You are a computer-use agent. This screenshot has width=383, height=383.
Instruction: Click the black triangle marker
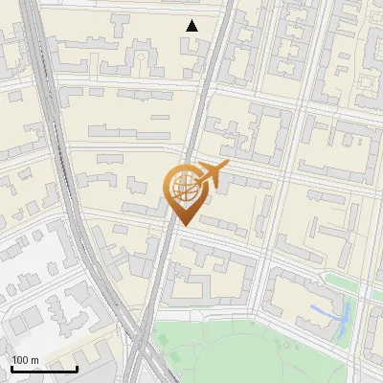tap(192, 26)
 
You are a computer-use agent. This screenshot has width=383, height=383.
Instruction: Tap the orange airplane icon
tap(210, 175)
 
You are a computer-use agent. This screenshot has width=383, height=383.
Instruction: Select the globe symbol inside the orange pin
tap(184, 190)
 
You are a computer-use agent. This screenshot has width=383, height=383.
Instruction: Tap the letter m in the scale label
tap(35, 360)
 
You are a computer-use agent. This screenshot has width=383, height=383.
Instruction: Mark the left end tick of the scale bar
tap(11, 368)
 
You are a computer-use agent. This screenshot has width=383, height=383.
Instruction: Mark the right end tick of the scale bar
tap(77, 368)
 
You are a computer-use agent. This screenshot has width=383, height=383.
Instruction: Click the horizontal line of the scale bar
tap(44, 370)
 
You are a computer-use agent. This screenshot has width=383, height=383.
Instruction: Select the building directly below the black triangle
tap(192, 53)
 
